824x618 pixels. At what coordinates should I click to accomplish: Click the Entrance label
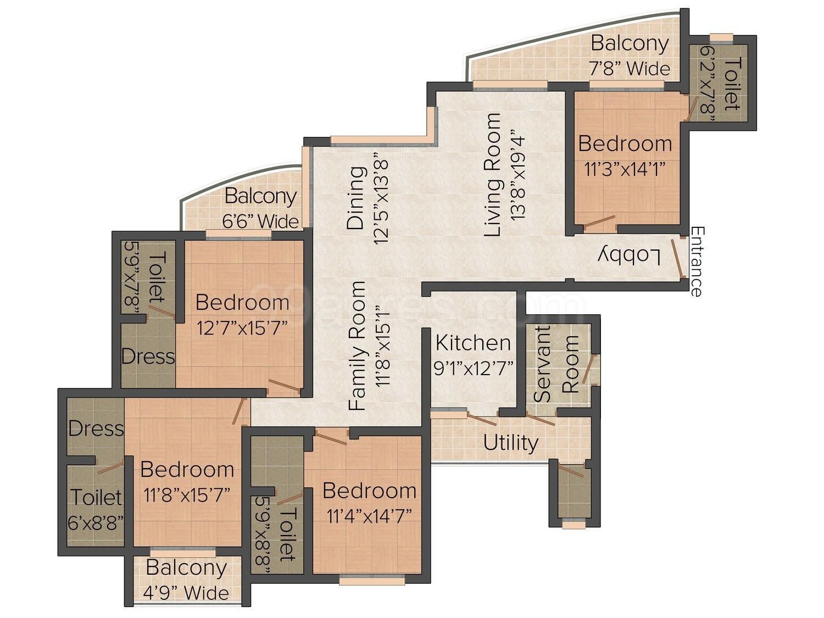[697, 261]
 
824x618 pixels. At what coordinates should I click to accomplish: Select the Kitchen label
[473, 343]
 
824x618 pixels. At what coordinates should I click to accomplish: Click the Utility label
[510, 443]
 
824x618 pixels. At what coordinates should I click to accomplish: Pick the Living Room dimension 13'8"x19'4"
[518, 175]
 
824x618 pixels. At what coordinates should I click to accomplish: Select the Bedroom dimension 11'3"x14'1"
[625, 168]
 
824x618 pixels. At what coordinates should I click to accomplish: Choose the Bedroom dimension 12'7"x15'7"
[242, 328]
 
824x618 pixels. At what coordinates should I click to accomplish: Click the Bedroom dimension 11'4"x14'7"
[369, 515]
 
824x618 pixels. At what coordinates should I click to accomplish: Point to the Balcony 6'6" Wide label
[260, 208]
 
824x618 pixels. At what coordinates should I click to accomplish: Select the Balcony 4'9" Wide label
[187, 580]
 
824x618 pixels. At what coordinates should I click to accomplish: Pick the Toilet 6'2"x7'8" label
[722, 84]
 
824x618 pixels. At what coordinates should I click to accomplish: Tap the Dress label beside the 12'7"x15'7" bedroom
[148, 357]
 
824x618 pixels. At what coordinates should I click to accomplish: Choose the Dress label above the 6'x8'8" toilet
[96, 428]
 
